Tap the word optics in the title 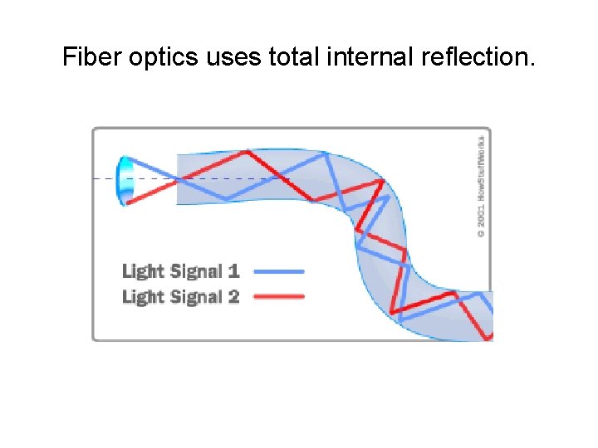click(x=169, y=57)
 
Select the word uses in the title click(x=244, y=57)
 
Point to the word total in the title click(x=304, y=57)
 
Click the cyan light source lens click(x=125, y=179)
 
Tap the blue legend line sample click(x=278, y=270)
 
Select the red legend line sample click(x=278, y=296)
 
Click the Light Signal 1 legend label click(x=181, y=270)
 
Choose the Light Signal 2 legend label click(x=181, y=296)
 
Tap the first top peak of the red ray click(x=247, y=152)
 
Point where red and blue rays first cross click(x=178, y=179)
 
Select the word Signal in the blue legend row click(x=195, y=270)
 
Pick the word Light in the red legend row click(x=142, y=296)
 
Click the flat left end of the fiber click(x=177, y=179)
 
